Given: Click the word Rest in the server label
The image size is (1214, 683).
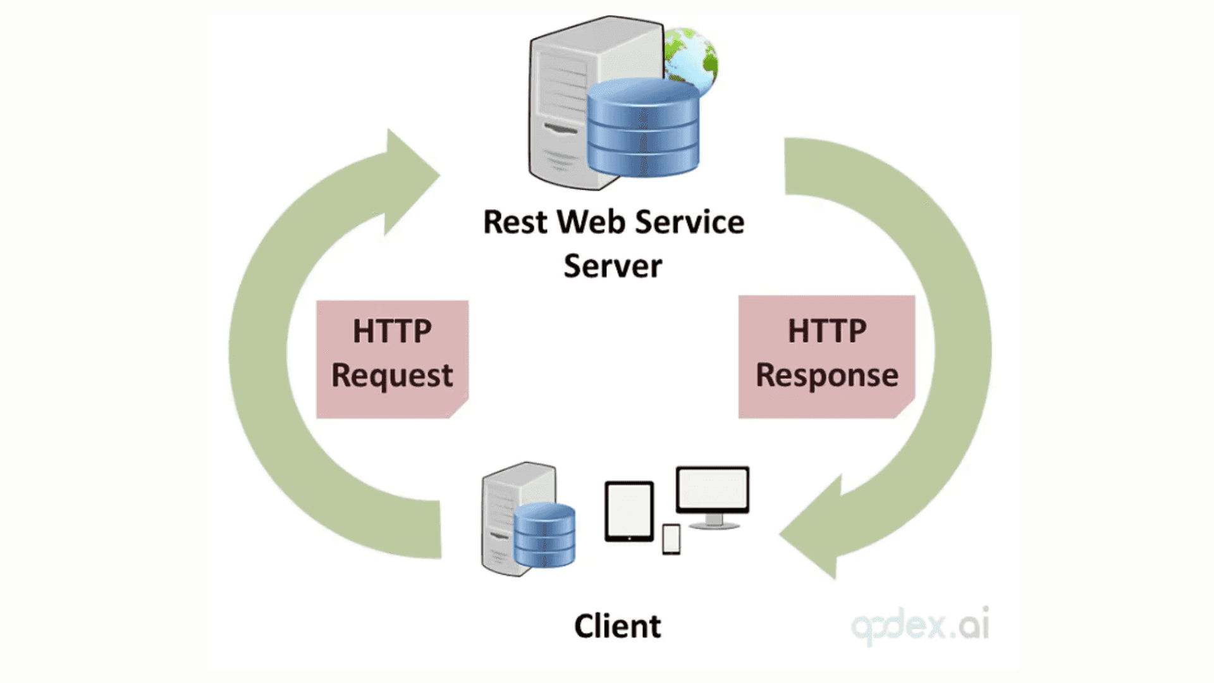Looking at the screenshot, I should coord(515,223).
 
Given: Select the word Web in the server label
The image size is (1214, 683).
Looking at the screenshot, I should coord(591,223).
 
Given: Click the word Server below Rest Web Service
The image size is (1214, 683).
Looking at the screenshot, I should coord(613,266).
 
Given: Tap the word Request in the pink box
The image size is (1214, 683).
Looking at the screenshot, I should coord(392,376).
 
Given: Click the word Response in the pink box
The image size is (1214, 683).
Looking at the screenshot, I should coord(826,376).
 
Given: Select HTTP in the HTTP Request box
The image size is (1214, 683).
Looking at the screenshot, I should coord(392,331).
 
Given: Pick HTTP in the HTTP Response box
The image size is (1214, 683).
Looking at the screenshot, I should coord(826,331).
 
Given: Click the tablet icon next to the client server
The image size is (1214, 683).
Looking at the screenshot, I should coord(629,511).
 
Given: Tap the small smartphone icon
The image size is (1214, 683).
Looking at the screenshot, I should coord(671,539).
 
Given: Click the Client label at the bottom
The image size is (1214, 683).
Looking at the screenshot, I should coord(617,627).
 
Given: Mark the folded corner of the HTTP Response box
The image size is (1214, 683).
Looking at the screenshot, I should coord(906,409).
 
